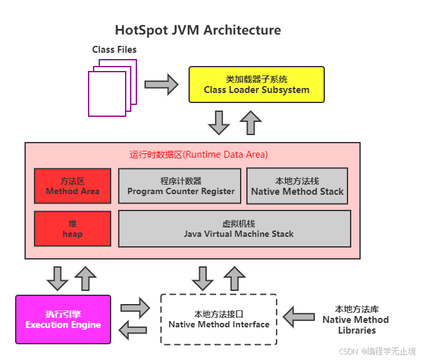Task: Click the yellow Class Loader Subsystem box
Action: (x=256, y=85)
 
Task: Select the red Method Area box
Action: (x=72, y=186)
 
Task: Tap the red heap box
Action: (x=72, y=229)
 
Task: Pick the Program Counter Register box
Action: (x=180, y=186)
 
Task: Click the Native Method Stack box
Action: (x=297, y=186)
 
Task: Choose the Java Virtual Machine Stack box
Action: (x=234, y=229)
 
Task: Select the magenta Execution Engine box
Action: (x=63, y=319)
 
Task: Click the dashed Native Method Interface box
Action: (x=219, y=319)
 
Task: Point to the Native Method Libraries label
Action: (x=356, y=319)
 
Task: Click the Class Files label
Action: (x=114, y=50)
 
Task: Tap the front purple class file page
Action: (x=107, y=94)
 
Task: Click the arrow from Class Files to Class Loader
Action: (x=161, y=85)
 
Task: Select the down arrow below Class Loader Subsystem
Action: (x=219, y=123)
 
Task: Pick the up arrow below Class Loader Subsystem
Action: (x=251, y=123)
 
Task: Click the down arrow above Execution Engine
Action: (x=57, y=279)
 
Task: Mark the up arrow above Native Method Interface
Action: (x=234, y=279)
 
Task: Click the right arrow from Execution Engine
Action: (x=135, y=308)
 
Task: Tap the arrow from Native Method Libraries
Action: (x=299, y=317)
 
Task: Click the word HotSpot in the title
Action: (x=141, y=30)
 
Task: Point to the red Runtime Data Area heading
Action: (x=199, y=155)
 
